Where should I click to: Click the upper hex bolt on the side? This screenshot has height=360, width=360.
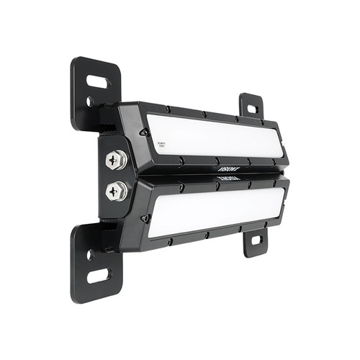[116, 160]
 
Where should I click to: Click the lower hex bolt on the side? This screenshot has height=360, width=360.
[116, 191]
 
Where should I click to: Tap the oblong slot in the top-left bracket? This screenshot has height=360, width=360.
[99, 82]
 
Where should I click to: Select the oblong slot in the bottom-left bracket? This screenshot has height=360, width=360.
[99, 275]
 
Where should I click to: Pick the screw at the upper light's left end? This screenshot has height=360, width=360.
[144, 132]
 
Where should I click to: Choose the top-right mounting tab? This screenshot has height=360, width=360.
[251, 107]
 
